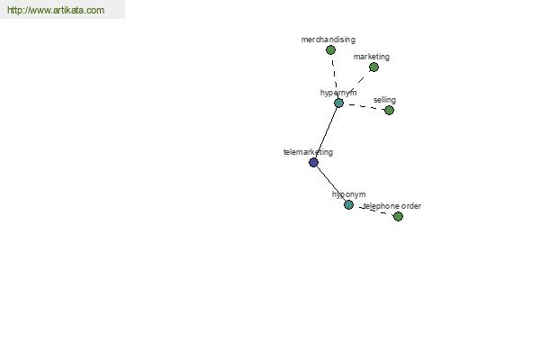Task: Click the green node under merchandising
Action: tap(330, 50)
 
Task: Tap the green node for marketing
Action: tap(373, 67)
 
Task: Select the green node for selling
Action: tap(389, 110)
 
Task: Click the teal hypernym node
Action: tap(338, 103)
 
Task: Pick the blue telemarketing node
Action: tap(313, 162)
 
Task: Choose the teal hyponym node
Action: tap(348, 204)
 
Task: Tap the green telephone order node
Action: tap(398, 216)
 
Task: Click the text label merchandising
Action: tap(328, 40)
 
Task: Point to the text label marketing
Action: tap(371, 57)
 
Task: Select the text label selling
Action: tap(384, 100)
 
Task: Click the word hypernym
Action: tap(338, 93)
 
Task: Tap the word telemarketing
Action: tap(308, 152)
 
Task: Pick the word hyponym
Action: tap(348, 194)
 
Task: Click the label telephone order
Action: tap(392, 206)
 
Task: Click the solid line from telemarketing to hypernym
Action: tap(326, 132)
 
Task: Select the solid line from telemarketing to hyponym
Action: tap(331, 184)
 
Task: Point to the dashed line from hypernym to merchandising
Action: tap(335, 76)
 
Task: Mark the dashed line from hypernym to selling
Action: tap(364, 107)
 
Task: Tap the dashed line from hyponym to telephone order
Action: tap(373, 211)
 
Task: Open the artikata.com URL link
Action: tap(56, 10)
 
